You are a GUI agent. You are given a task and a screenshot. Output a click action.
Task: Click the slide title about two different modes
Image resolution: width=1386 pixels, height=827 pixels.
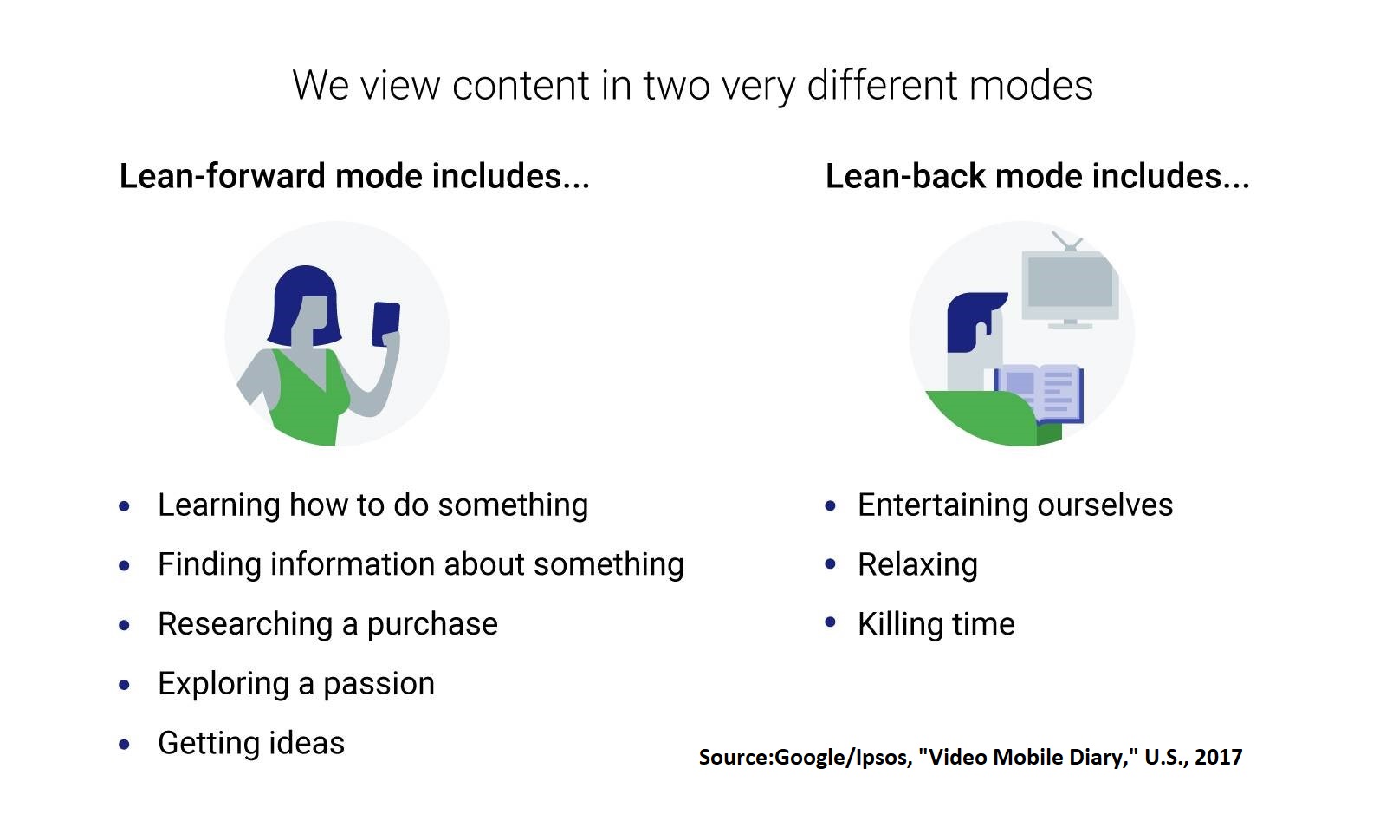[692, 86]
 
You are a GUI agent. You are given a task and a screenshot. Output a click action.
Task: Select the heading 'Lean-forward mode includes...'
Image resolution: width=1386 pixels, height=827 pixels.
[354, 176]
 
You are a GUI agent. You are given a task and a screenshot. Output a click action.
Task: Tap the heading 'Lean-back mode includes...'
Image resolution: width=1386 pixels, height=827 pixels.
[1038, 176]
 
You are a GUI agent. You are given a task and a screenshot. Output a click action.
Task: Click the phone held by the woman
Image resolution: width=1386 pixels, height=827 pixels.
[385, 323]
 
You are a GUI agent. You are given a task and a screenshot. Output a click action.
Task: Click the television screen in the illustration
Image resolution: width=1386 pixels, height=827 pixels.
[1069, 282]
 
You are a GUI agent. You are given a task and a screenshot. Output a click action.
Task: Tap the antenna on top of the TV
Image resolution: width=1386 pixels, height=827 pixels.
[1068, 241]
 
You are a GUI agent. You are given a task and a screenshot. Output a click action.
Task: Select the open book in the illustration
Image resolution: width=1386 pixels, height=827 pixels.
[1039, 394]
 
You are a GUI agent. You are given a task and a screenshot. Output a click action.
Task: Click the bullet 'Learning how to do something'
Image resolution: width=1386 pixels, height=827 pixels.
[373, 505]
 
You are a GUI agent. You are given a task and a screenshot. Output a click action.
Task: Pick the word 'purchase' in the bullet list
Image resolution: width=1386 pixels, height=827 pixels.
[432, 624]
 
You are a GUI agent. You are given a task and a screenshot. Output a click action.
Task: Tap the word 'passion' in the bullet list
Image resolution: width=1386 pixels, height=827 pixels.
[379, 685]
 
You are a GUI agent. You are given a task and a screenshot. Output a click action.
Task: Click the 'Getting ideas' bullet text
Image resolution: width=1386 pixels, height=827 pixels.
[251, 744]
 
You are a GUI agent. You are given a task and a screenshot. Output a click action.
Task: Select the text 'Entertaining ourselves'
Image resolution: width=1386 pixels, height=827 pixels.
[1015, 505]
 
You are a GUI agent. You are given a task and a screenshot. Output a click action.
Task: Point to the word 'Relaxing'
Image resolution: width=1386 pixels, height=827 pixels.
[917, 565]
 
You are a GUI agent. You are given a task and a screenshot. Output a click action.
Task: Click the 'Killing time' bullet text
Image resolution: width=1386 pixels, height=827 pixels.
[936, 624]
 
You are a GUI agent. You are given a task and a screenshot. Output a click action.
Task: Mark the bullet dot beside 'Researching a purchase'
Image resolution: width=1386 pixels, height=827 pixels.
[125, 625]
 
